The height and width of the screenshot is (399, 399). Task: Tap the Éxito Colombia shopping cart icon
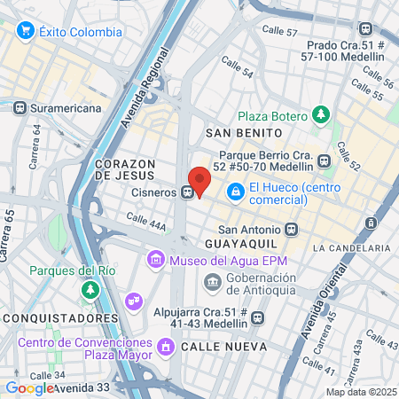click(x=25, y=31)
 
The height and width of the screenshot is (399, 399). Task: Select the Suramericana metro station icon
click(x=20, y=107)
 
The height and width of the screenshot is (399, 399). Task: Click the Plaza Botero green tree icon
click(x=321, y=115)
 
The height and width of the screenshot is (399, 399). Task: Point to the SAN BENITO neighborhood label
click(x=238, y=133)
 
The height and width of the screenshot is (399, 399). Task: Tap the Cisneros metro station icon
click(x=187, y=191)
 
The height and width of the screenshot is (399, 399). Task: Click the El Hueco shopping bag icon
click(x=236, y=190)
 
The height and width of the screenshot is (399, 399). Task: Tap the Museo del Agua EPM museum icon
click(x=156, y=260)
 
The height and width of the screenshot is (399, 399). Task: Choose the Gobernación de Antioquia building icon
click(x=213, y=283)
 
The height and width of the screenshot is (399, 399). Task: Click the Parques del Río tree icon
click(x=90, y=290)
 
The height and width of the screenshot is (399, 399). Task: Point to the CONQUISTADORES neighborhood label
click(x=59, y=317)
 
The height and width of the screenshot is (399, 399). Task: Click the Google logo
click(x=28, y=387)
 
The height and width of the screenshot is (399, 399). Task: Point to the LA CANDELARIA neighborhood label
click(x=351, y=247)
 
